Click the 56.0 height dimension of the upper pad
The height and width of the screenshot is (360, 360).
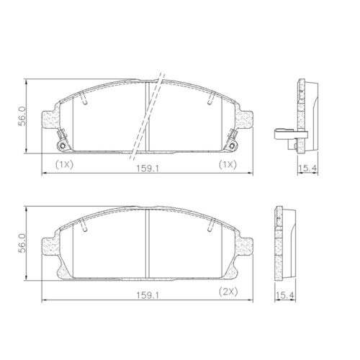[x=22, y=114]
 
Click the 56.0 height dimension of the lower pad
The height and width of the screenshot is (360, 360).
[x=22, y=242]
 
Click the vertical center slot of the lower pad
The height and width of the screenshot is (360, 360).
[x=147, y=244]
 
